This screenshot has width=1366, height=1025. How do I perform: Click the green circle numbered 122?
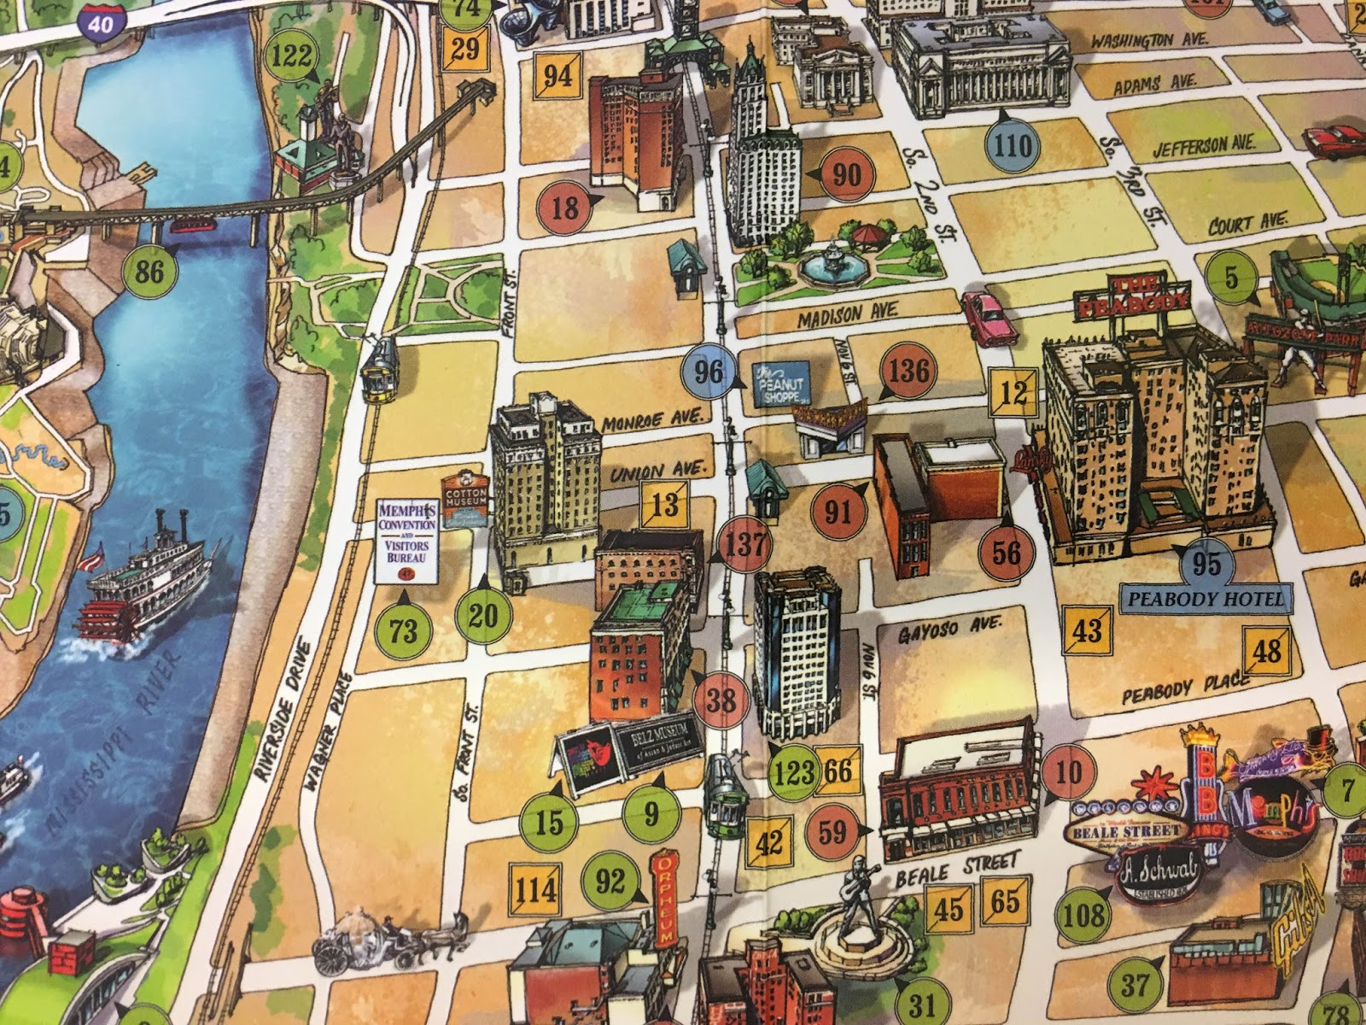[x=291, y=57]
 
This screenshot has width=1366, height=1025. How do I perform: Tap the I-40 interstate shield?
[x=101, y=22]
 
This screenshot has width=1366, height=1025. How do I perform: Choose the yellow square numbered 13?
[x=665, y=503]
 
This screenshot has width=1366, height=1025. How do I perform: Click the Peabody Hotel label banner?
[x=1205, y=599]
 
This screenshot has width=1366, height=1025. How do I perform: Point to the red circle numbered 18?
[x=565, y=206]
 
